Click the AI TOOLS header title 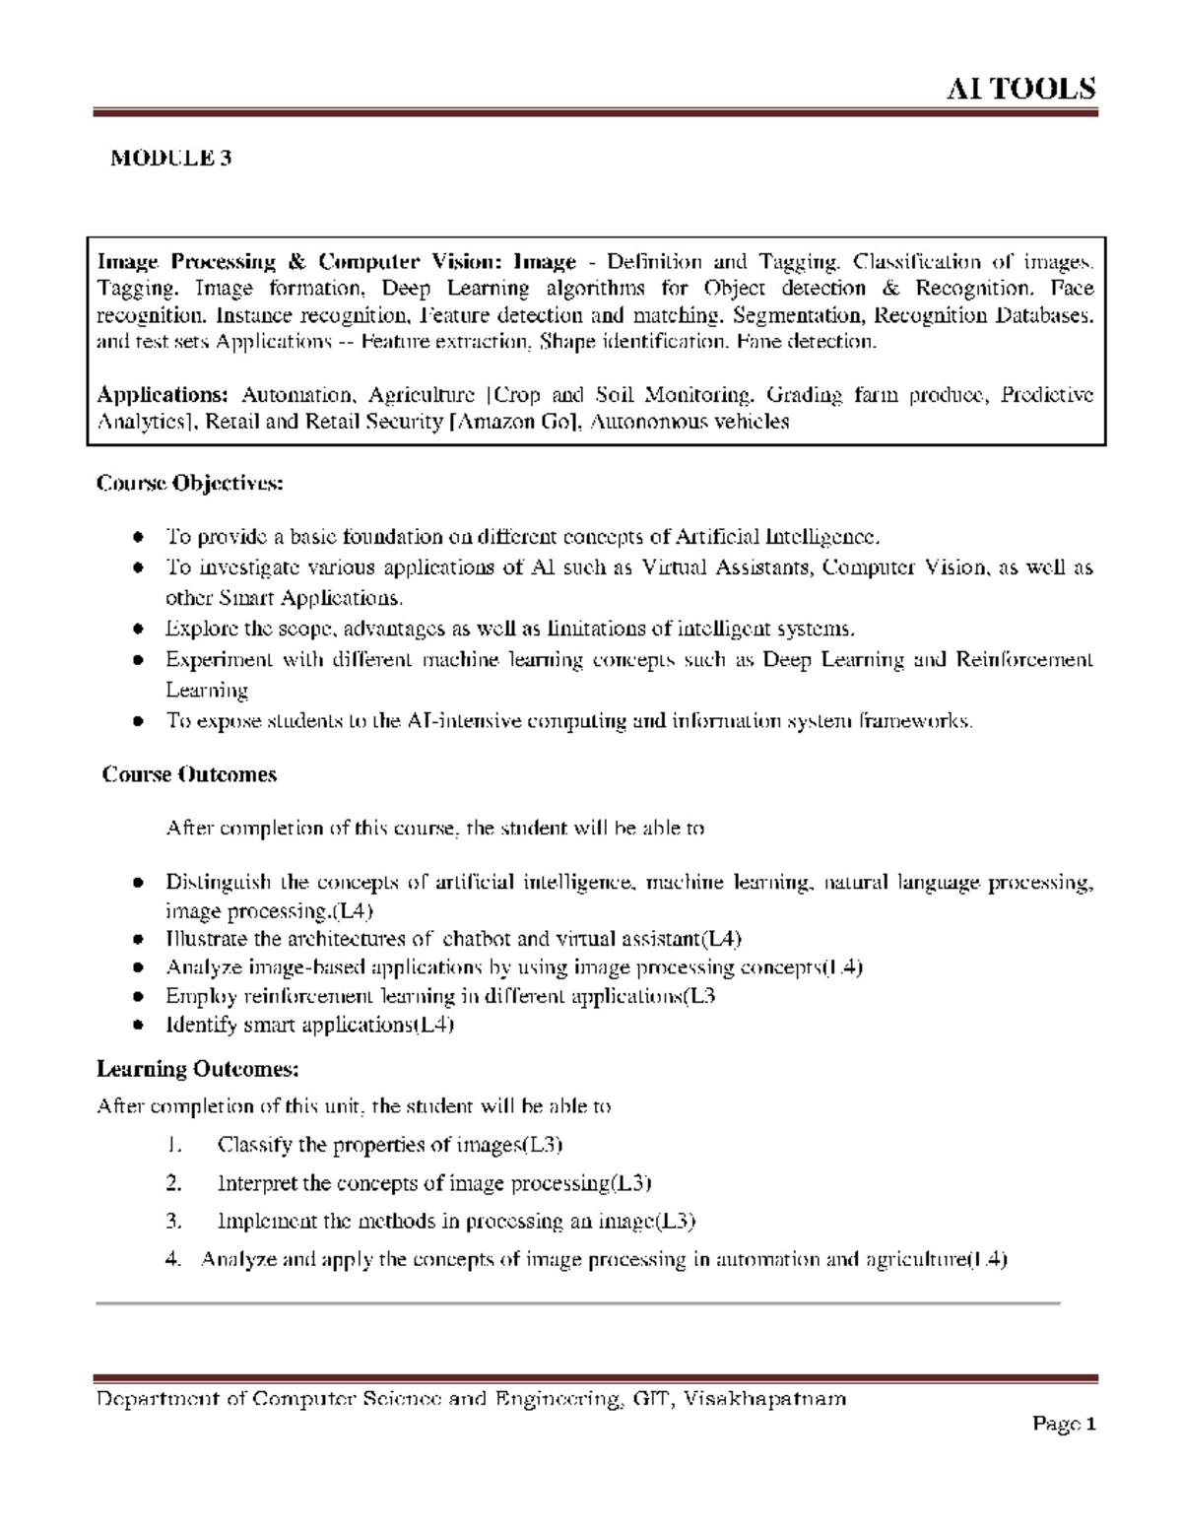click(1020, 89)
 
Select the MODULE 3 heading click(170, 158)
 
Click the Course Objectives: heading click(189, 484)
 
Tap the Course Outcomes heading click(190, 774)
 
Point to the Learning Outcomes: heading click(197, 1069)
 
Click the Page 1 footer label click(1064, 1424)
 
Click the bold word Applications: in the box click(163, 395)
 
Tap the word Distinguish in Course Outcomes click(217, 882)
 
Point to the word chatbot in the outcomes click(477, 939)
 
